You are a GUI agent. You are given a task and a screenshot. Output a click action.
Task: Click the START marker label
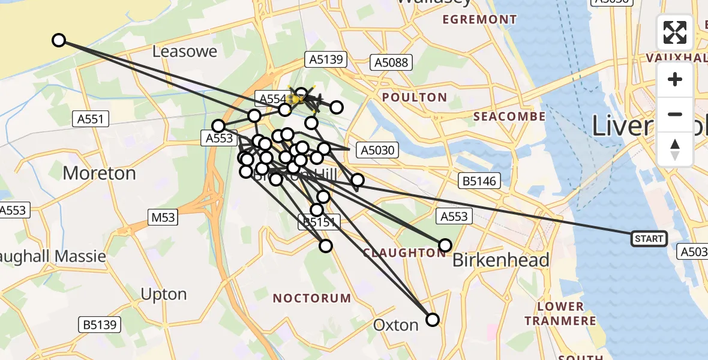click(649, 239)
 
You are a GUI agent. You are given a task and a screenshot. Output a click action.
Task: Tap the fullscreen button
click(675, 32)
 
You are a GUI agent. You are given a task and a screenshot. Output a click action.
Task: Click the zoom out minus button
click(675, 114)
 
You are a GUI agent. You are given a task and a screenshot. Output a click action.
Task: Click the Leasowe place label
click(184, 52)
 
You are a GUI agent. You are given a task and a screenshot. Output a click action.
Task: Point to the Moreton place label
click(99, 173)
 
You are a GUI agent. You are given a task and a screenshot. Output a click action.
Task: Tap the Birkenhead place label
click(500, 260)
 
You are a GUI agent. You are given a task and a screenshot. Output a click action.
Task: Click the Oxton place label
click(395, 325)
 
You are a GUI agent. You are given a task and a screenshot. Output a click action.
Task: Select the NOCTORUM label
click(312, 298)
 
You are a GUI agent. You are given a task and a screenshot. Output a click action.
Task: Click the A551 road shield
click(90, 119)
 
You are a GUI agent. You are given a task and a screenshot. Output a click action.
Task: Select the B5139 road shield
click(100, 325)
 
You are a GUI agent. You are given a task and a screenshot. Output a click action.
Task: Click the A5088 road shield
click(391, 62)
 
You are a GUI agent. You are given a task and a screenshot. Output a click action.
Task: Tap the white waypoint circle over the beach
click(58, 40)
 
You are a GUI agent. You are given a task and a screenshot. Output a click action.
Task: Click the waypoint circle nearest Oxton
click(433, 319)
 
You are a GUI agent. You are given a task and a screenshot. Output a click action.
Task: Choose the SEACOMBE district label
click(509, 116)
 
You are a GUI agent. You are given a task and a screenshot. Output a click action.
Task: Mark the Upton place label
click(163, 295)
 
